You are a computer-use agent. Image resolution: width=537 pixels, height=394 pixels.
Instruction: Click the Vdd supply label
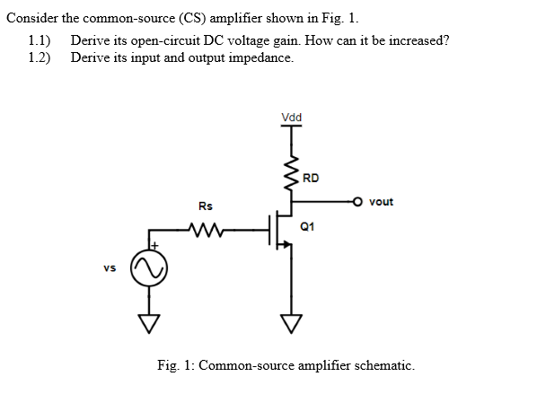click(x=291, y=118)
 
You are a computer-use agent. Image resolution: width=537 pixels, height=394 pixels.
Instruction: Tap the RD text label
click(x=310, y=178)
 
